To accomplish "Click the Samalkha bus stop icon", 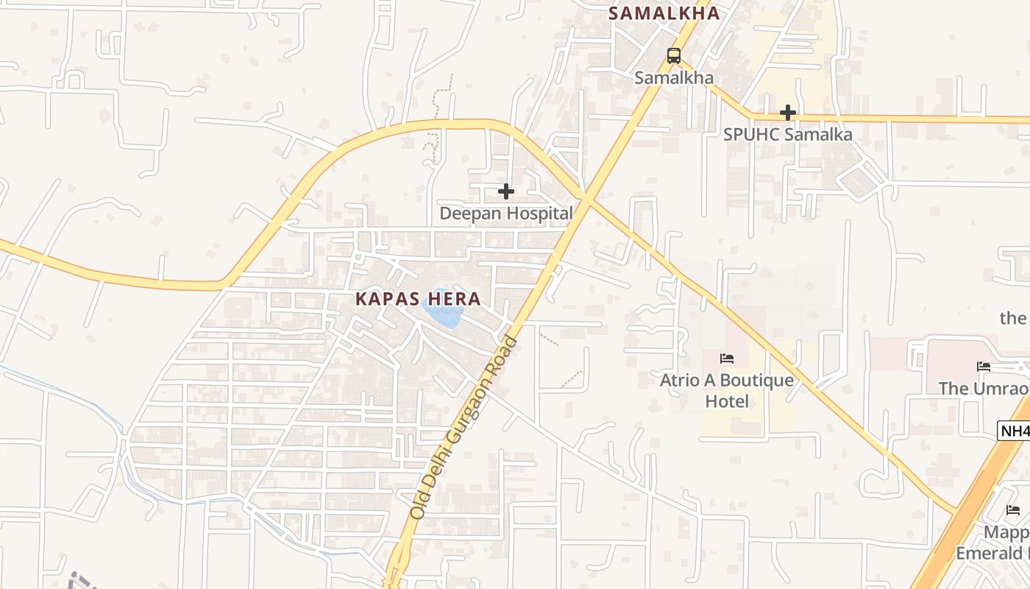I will pos(673,55).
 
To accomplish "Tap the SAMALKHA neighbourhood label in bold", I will pos(664,13).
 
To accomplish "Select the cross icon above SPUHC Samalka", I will pos(787,113).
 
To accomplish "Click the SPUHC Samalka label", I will pos(787,135).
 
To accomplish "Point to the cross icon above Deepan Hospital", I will pos(505,191).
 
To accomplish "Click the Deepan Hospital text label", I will pos(505,214).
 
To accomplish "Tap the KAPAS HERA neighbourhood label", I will pos(418,299).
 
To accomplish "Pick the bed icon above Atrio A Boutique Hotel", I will pos(727,359).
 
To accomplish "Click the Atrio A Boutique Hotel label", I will pos(727,390).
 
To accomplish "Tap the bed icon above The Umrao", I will pos(983,367).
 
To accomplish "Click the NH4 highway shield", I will pos(1014,431).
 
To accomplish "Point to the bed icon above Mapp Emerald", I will pos(1013,509).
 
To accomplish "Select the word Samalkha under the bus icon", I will pos(673,77).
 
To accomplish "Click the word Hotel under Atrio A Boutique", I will pos(727,401).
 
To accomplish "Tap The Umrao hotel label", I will pos(983,388).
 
